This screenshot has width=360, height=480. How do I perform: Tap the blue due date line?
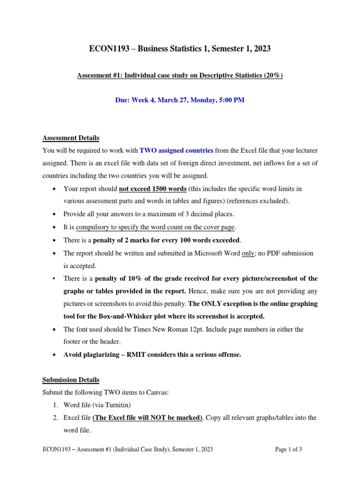(180, 100)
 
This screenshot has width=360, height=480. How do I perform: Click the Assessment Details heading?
(71, 138)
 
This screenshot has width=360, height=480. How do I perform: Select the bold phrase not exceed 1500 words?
(153, 189)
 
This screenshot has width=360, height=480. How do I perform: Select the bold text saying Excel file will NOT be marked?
(147, 417)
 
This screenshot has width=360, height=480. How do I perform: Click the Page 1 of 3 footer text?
(288, 450)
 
